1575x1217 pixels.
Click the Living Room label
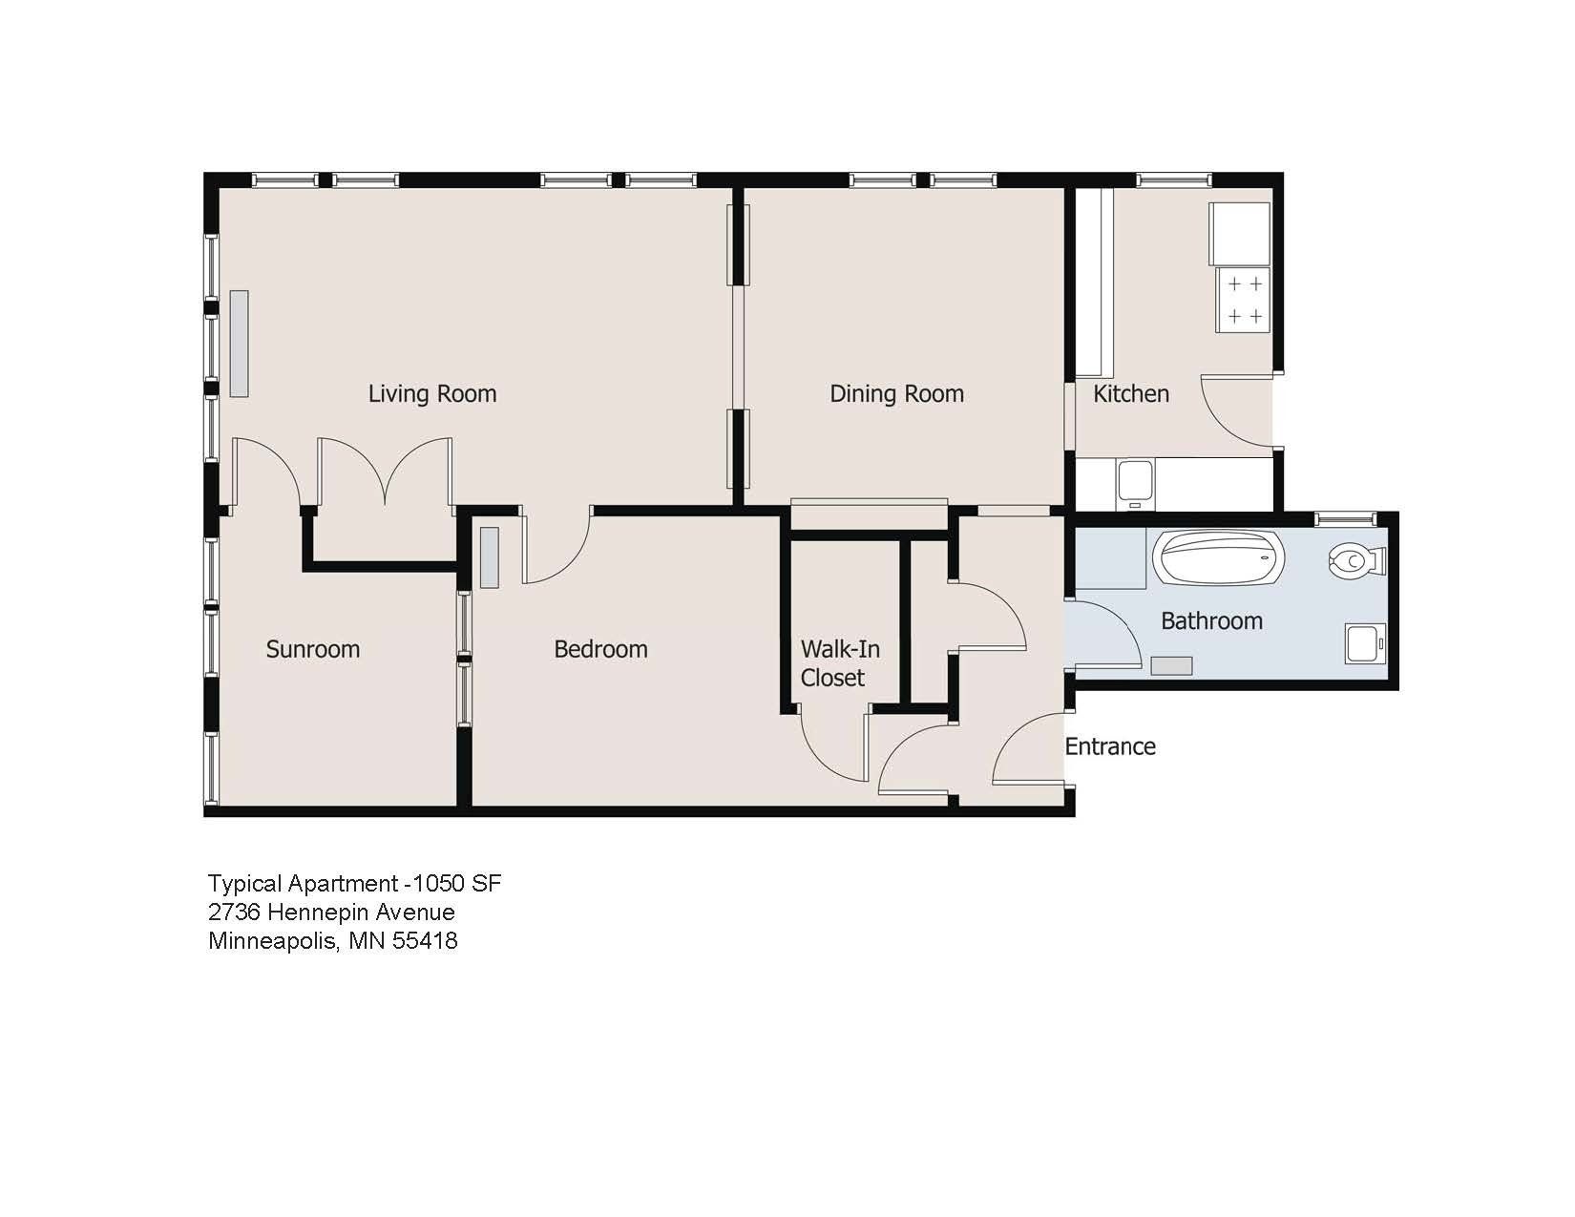click(432, 393)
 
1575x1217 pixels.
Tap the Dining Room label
click(896, 393)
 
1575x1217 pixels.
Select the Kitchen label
click(1130, 393)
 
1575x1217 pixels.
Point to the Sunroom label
click(312, 649)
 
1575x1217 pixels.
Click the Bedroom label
click(600, 649)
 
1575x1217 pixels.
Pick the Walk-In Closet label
click(839, 663)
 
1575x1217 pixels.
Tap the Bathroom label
click(1211, 620)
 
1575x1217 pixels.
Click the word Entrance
click(1109, 746)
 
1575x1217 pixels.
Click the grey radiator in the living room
click(239, 344)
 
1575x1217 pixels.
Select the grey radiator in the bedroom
click(489, 556)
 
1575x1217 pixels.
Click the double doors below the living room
click(385, 472)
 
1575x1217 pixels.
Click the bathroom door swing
click(1102, 634)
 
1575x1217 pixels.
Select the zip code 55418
click(425, 941)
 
